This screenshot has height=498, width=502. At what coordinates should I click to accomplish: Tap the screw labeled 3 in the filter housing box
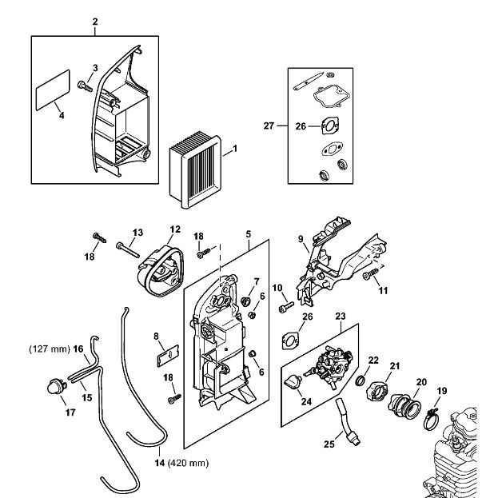tap(85, 86)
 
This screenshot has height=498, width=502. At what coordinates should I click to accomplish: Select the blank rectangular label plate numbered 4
tap(53, 90)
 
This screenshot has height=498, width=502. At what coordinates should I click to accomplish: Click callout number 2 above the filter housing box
tap(95, 22)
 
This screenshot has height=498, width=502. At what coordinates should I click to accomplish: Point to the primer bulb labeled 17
tap(56, 386)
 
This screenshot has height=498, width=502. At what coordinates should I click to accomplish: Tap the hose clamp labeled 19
tap(431, 419)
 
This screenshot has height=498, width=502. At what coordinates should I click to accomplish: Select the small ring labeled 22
tap(361, 380)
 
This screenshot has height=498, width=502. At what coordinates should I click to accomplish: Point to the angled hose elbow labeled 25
tap(348, 422)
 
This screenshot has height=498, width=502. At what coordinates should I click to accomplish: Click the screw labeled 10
tap(286, 308)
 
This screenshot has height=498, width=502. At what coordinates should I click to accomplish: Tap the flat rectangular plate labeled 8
tap(167, 355)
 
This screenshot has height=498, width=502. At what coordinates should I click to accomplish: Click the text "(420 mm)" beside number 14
tap(188, 463)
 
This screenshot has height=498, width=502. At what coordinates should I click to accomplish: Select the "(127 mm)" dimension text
tap(50, 349)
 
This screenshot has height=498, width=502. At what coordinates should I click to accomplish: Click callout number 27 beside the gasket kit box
tap(269, 125)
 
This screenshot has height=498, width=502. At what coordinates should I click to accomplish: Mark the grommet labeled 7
tap(245, 301)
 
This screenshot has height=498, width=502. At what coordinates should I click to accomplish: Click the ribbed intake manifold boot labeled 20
tap(404, 406)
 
